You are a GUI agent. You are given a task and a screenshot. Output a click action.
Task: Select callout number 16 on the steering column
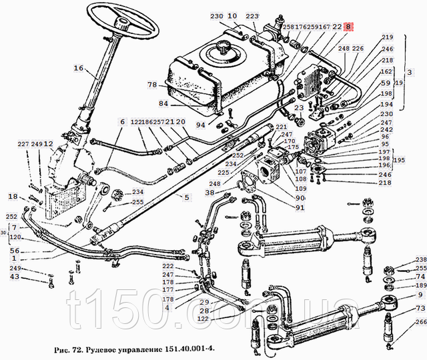tap(79, 68)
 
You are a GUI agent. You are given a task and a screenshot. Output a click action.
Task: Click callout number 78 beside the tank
tap(152, 85)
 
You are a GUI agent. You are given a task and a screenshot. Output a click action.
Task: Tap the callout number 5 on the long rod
tap(187, 197)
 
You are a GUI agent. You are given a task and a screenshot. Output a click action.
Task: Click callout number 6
tap(122, 122)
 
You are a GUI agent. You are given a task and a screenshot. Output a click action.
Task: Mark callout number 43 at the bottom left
tap(15, 277)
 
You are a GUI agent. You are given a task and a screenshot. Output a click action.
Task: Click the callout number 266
tap(420, 321)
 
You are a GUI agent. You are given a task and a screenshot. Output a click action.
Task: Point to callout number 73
tap(420, 309)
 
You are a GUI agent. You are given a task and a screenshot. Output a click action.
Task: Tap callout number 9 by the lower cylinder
tap(420, 295)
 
